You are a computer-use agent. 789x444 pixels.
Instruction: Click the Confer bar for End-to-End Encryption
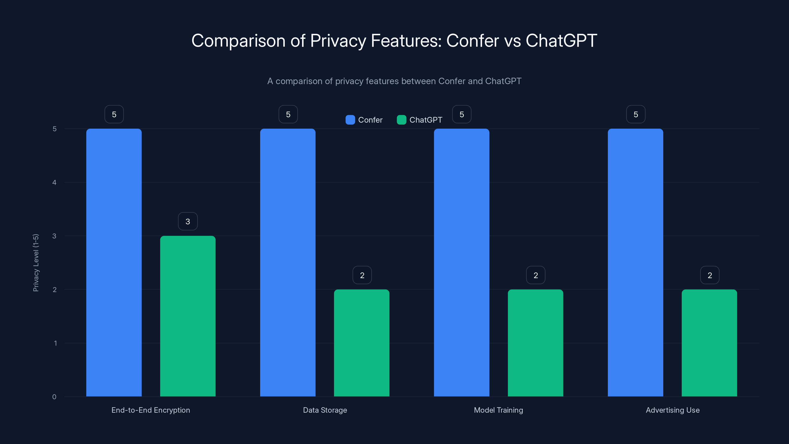coord(114,263)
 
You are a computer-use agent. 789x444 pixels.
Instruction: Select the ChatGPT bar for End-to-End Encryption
coord(188,316)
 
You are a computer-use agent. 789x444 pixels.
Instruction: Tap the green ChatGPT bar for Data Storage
coord(362,343)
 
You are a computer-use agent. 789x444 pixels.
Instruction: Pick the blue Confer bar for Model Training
coord(462,263)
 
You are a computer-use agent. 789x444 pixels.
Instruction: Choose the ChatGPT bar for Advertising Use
coord(709,343)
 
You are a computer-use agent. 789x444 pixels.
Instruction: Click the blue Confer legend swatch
coord(350,120)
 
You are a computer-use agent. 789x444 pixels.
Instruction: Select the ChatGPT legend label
coord(426,120)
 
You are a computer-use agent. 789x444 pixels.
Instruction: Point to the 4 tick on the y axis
coord(54,183)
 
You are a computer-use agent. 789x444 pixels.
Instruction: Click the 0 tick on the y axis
coord(54,397)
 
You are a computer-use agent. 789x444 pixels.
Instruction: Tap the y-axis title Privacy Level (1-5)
coord(36,263)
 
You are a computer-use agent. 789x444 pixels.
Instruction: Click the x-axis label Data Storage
coord(325,410)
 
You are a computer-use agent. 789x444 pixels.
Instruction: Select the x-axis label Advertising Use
coord(673,410)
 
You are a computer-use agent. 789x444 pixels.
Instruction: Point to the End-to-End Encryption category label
coord(151,410)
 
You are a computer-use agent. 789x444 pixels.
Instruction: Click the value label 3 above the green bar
coord(188,221)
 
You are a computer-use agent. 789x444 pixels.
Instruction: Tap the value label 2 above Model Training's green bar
coord(536,275)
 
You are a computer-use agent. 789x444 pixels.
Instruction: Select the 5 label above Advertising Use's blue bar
coord(636,114)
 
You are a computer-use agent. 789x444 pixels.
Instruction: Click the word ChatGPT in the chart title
coord(561,40)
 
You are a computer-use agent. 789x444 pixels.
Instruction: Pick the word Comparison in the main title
coord(238,40)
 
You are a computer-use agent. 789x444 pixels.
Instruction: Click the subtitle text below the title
coord(394,81)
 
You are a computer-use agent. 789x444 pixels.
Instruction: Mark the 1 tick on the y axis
coord(55,343)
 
